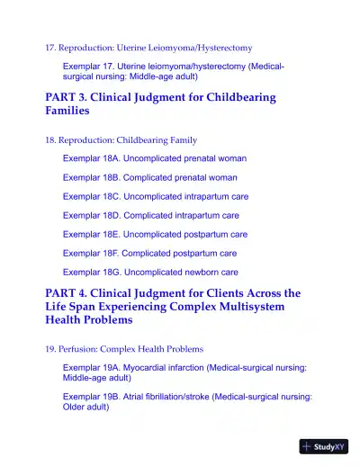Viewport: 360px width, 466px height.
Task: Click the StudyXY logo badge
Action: (324, 445)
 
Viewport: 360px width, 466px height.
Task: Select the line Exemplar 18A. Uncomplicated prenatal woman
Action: (155, 158)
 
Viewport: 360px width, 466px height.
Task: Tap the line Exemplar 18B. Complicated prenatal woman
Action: (149, 177)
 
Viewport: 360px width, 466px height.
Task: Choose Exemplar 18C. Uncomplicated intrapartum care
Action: (156, 196)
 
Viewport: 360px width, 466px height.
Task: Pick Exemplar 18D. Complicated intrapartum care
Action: (151, 215)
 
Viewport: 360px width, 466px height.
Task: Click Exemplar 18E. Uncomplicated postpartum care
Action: (155, 234)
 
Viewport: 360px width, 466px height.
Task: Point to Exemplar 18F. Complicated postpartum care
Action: (149, 253)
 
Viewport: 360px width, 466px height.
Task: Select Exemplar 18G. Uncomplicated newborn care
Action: (150, 272)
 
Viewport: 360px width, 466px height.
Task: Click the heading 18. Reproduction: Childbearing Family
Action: (121, 140)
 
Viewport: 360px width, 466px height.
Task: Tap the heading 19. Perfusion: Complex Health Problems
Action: (123, 348)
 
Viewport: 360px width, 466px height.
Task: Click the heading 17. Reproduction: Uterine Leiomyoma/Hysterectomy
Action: (148, 47)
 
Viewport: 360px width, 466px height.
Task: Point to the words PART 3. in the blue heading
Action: (66, 97)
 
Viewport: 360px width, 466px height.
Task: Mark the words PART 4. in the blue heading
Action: (66, 293)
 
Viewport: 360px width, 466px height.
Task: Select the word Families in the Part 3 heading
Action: (67, 111)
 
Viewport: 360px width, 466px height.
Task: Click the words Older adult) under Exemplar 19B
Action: (86, 407)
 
